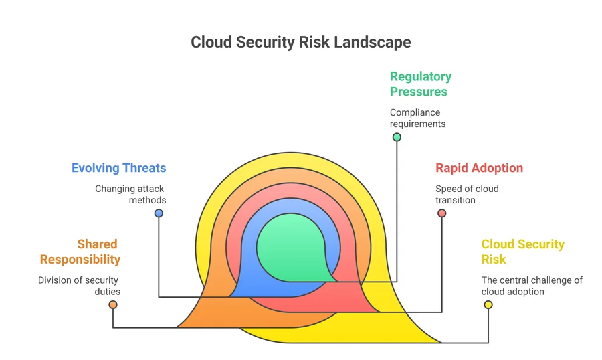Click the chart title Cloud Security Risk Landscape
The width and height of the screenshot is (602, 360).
(300, 42)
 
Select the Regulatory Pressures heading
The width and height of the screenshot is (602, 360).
(421, 84)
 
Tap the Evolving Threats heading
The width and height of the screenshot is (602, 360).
(119, 168)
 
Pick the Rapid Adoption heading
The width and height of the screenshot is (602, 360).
(479, 168)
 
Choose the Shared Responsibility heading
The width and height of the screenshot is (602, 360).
(80, 252)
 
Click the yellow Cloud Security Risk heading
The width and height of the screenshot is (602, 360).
(522, 252)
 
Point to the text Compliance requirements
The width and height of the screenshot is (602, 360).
(418, 118)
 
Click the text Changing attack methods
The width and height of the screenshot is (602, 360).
(130, 194)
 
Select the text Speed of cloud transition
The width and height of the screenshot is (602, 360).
(467, 194)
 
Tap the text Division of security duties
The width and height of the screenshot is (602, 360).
(80, 286)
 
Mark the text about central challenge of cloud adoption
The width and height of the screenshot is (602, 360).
(532, 286)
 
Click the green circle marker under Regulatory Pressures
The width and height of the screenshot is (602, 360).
(397, 137)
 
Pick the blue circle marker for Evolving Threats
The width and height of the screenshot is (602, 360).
(159, 213)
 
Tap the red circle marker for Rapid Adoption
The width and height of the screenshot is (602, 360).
(441, 213)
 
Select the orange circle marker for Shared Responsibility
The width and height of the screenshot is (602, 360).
(113, 305)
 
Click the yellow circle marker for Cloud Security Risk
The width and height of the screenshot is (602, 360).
(488, 305)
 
